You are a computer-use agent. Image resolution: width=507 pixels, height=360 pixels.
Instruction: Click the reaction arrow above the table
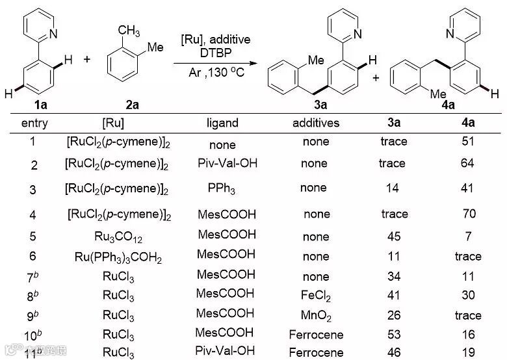pos(214,64)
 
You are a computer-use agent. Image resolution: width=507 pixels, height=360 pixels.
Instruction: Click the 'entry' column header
pos(34,123)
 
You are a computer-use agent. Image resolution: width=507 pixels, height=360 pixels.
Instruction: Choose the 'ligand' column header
pos(222,123)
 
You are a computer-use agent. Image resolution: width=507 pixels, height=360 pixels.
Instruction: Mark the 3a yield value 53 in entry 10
pos(393,335)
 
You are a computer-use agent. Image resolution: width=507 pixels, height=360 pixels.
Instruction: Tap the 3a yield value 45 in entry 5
pos(393,237)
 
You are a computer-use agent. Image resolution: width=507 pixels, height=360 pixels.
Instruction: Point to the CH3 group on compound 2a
pos(129,31)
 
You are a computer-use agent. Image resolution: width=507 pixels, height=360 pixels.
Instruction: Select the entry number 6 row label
pos(34,257)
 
